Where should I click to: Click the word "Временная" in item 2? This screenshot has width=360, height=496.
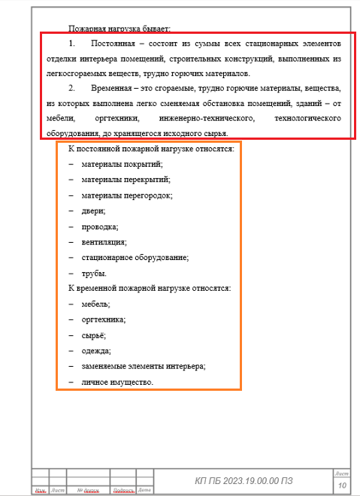(108, 89)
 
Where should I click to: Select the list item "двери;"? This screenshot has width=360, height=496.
(93, 211)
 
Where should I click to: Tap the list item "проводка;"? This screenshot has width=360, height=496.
(100, 226)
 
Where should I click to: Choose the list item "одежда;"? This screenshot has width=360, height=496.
(96, 350)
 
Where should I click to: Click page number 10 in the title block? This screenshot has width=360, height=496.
(342, 485)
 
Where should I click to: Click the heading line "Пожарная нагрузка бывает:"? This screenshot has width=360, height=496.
(119, 29)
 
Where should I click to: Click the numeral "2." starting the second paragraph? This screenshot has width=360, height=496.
(71, 89)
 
